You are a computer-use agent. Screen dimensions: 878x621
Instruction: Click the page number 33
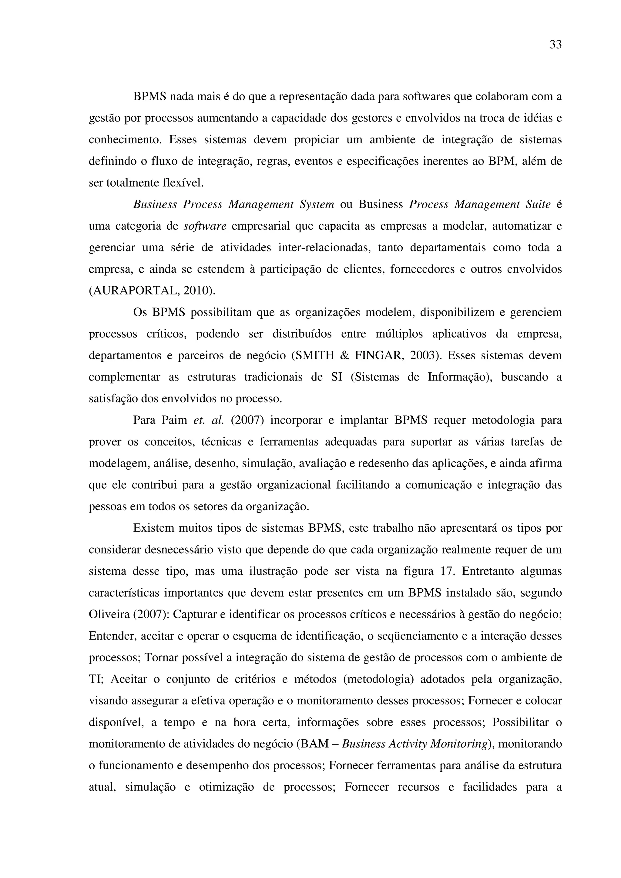coord(556,45)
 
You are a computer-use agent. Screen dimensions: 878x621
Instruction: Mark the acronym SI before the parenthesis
coord(337,377)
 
